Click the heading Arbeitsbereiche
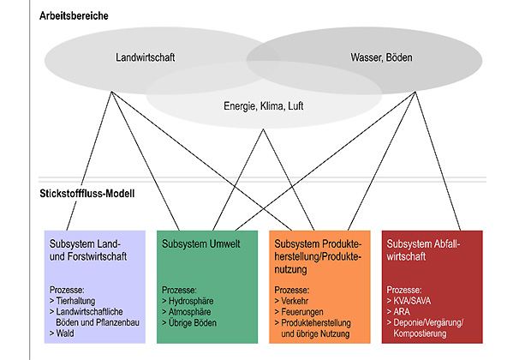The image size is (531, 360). click(73, 15)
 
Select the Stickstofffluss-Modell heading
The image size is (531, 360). click(87, 194)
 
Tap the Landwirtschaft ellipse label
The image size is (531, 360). click(146, 58)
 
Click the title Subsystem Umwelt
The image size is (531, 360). click(200, 243)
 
